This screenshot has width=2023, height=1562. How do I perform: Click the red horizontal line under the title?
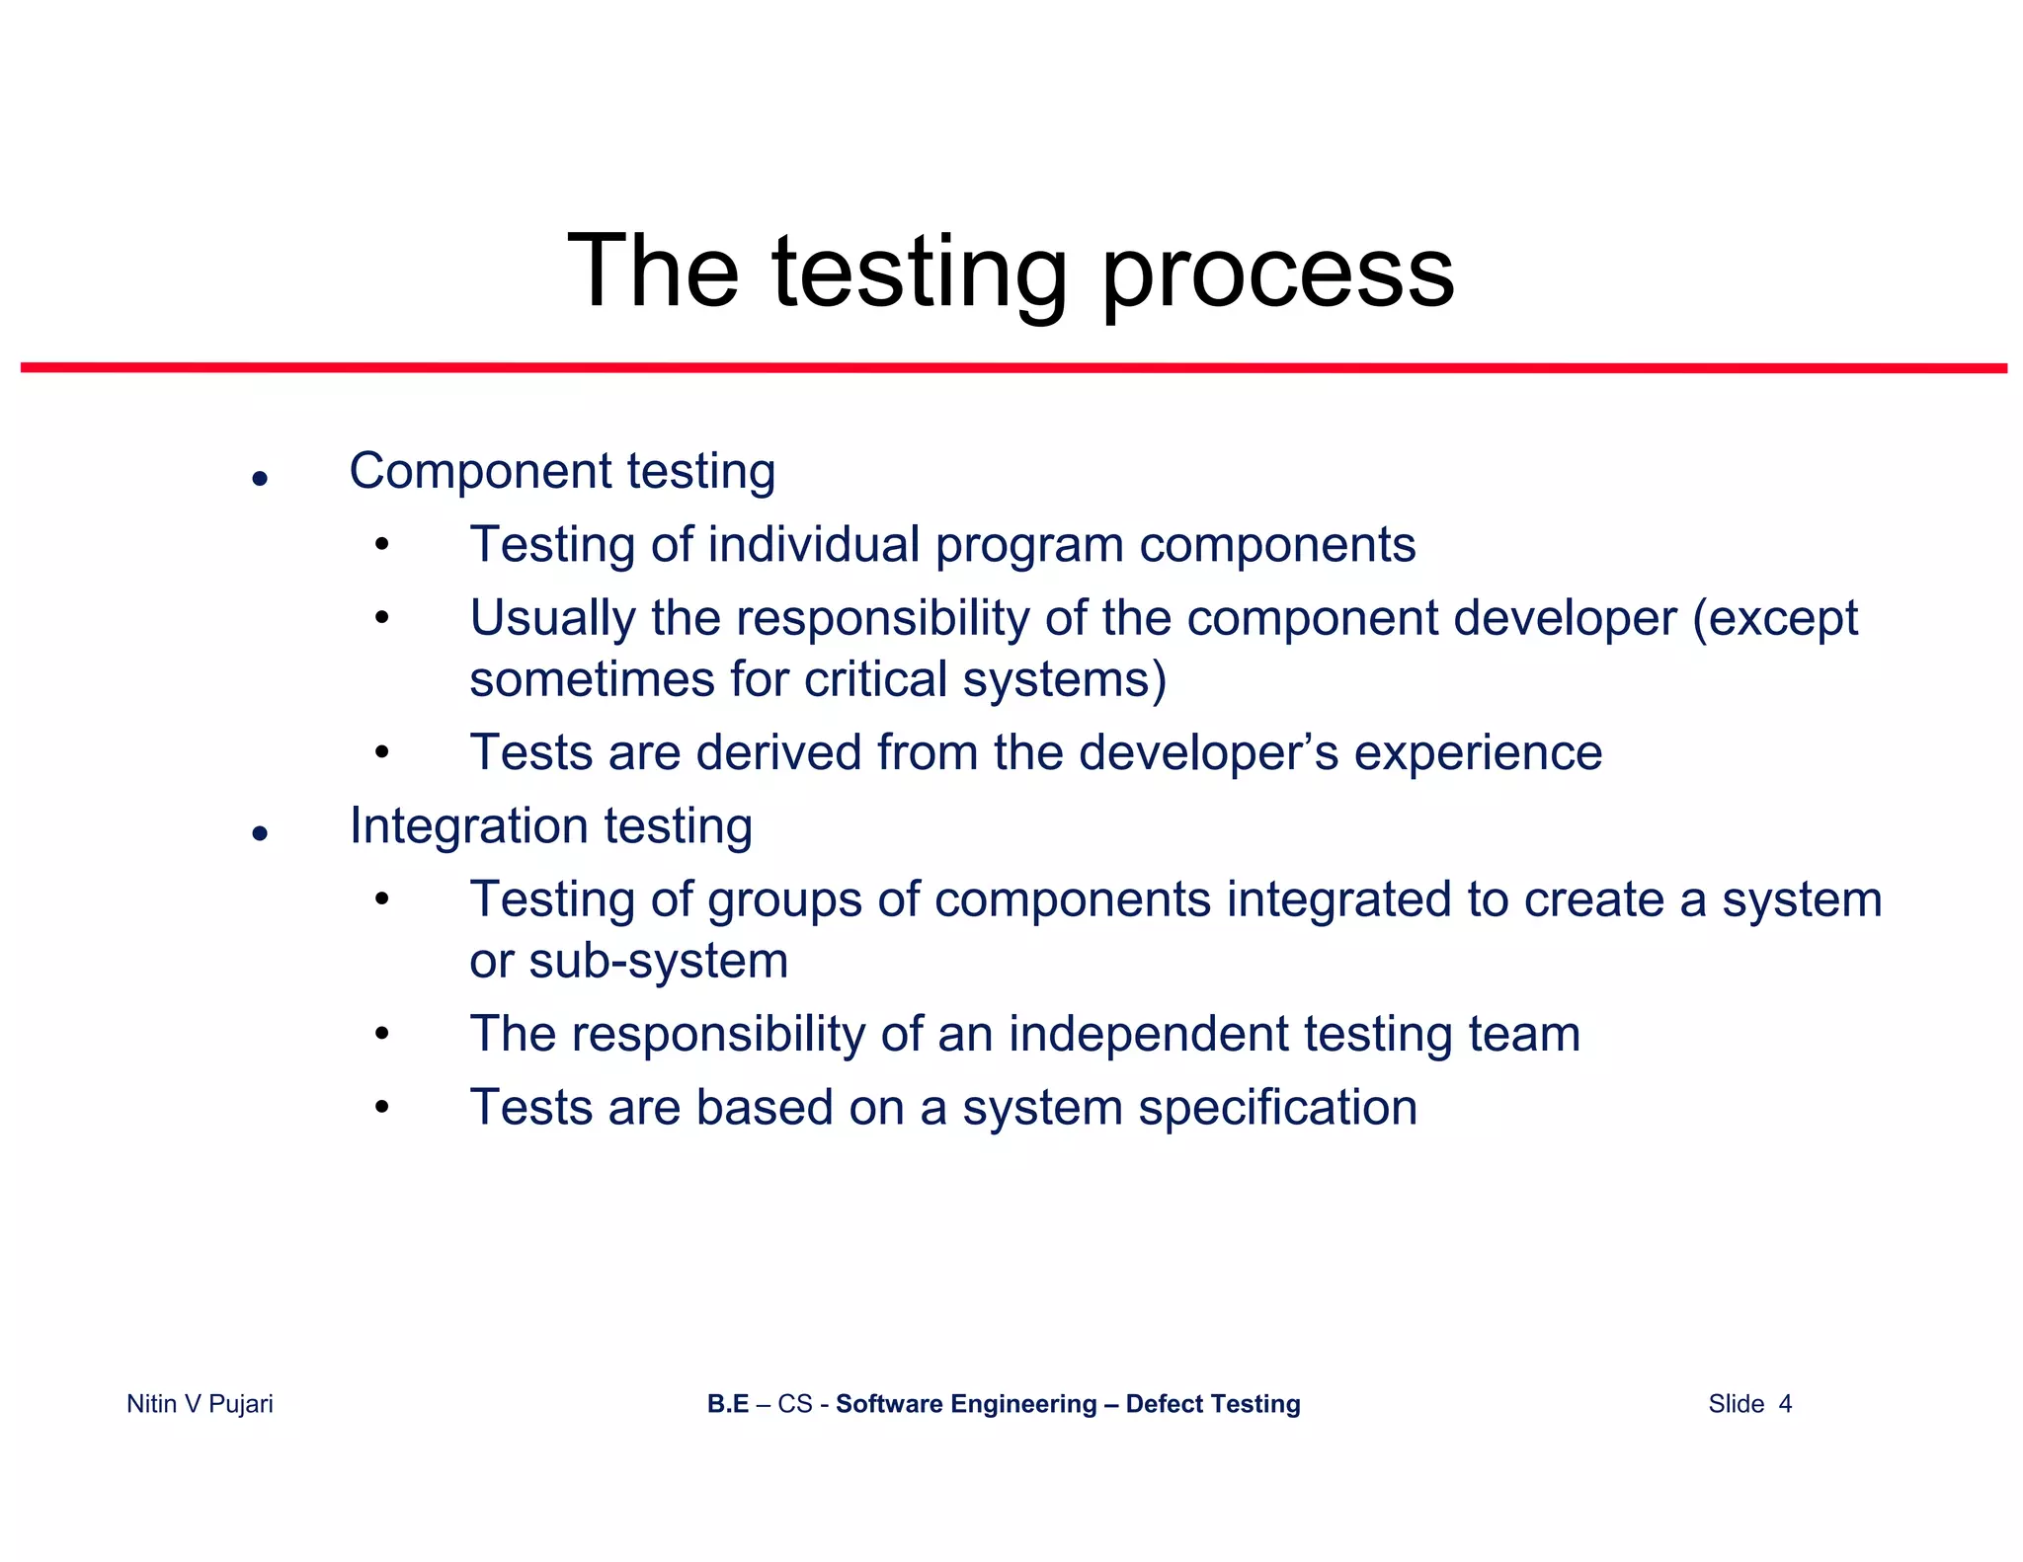tap(1013, 367)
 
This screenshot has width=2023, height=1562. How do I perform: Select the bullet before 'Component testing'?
tap(260, 480)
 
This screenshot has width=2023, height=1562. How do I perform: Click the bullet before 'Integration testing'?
tap(260, 834)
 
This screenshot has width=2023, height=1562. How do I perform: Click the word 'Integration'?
tap(468, 825)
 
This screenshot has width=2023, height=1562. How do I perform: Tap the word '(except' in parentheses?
tap(1775, 620)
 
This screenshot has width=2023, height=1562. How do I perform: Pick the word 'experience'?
tap(1478, 753)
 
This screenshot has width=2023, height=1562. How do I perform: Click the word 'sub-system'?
tap(658, 961)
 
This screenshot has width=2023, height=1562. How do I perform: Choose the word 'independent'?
tap(1148, 1035)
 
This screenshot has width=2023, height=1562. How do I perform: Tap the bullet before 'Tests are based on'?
tap(382, 1108)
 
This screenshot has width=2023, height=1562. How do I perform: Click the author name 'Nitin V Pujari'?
tap(200, 1404)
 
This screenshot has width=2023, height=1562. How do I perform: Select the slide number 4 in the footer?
tap(1784, 1404)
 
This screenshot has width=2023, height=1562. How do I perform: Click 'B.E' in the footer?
tap(728, 1404)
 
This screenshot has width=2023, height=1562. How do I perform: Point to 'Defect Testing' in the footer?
tap(1212, 1404)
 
